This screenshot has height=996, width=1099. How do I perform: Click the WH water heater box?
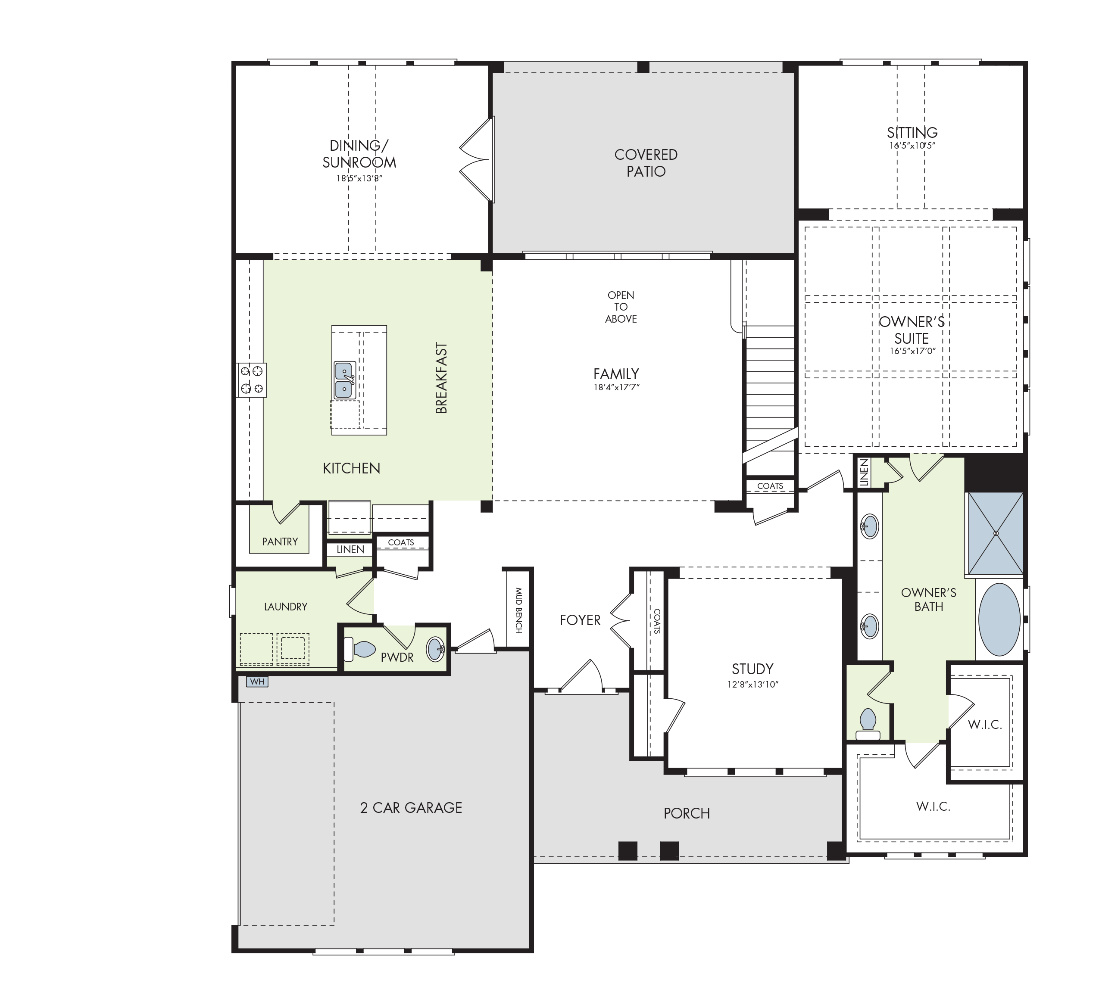tap(257, 682)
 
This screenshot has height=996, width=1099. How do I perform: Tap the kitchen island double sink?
tap(344, 380)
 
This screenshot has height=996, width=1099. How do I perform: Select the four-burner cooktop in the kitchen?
tap(251, 380)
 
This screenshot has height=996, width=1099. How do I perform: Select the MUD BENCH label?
tap(518, 610)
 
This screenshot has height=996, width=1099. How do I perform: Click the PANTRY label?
tap(280, 542)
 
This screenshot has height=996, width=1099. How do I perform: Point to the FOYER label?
tap(580, 620)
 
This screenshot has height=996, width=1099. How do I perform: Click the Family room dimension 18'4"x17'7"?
tap(616, 387)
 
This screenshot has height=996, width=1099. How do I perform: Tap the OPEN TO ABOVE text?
tap(621, 307)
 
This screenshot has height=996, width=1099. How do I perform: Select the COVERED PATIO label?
tap(646, 163)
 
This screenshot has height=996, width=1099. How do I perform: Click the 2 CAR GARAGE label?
tap(411, 807)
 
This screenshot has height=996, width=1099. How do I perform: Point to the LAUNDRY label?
tap(286, 607)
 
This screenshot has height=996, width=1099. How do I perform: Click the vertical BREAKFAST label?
tap(442, 378)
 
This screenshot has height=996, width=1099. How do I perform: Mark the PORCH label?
tap(687, 813)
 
